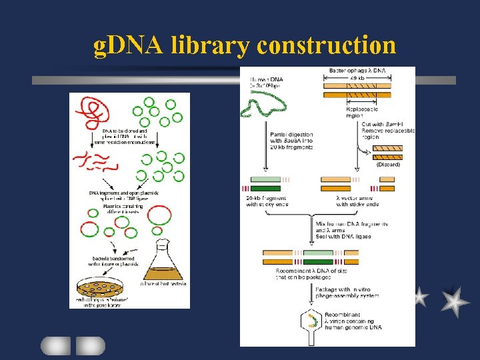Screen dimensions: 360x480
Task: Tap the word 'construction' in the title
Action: coord(326,45)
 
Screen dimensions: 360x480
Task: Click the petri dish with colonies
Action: coord(100,287)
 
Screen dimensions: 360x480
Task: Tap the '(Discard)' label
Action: coord(388,163)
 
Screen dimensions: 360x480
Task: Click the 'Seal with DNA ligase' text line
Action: coord(343,236)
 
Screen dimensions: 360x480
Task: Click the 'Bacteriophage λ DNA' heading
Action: coord(359,70)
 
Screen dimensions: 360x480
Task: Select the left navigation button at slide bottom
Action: coord(55,345)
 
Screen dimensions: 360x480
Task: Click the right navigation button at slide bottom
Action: coord(90,345)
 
